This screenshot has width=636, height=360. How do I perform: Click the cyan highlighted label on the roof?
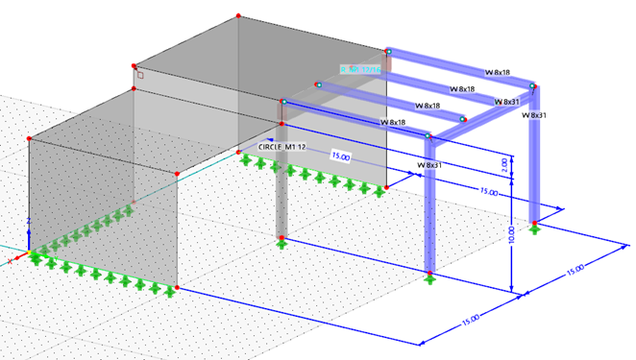point(361,69)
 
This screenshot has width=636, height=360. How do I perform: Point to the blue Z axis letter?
point(31,221)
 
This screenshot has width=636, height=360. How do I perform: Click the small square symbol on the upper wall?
point(139,75)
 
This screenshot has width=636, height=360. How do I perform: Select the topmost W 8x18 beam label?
point(497,72)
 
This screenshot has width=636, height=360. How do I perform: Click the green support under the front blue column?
point(429,279)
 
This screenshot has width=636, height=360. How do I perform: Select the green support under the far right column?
point(534,228)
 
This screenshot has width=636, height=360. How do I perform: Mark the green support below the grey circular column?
point(281,243)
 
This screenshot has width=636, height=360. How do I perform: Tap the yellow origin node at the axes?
point(31,254)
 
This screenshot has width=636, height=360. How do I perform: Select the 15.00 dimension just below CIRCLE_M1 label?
point(341,155)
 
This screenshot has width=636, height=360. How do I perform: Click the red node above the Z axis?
point(30,140)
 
